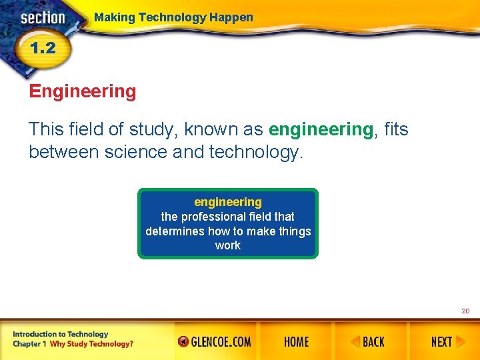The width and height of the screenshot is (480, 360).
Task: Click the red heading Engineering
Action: (83, 91)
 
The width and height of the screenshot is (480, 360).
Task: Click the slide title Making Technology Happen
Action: (173, 17)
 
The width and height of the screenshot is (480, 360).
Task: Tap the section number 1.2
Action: (41, 48)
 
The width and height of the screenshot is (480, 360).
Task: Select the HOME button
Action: (296, 342)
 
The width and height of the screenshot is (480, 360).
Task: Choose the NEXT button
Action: (441, 342)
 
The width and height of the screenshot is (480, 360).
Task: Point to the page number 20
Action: (465, 311)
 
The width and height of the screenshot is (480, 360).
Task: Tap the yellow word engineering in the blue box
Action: (228, 202)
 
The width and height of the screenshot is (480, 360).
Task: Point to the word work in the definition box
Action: (228, 245)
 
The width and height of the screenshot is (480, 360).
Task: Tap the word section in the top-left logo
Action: (43, 18)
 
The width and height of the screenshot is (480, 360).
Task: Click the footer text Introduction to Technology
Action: (60, 334)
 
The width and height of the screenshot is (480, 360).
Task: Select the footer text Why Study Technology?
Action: (91, 344)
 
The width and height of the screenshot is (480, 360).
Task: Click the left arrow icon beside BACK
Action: (356, 342)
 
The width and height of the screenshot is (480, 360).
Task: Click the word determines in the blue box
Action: (175, 231)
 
